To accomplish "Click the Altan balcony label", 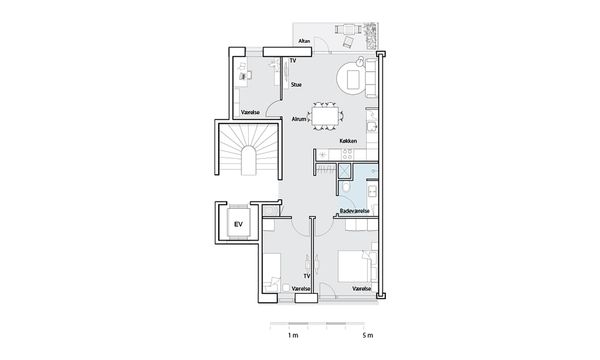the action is click(x=304, y=41).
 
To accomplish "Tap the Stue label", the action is click(x=296, y=85).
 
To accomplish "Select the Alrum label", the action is click(x=299, y=119).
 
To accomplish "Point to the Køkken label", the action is click(x=348, y=141).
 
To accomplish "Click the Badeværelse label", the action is click(x=355, y=211).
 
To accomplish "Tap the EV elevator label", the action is click(x=238, y=224).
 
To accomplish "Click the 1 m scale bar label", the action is click(x=293, y=336).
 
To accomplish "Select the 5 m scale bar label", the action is click(x=368, y=336).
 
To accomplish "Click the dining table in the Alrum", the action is click(x=325, y=116).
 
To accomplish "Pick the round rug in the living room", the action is click(x=352, y=78).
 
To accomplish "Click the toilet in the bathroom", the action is click(x=346, y=186).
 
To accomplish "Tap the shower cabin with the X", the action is click(x=345, y=171).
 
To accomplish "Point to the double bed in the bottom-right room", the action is click(x=354, y=267).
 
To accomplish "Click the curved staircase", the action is click(x=248, y=150).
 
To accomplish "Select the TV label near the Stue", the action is click(x=293, y=60).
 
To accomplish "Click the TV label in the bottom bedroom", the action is click(x=307, y=276).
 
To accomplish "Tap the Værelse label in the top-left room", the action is click(x=250, y=112).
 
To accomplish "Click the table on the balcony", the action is click(x=349, y=29).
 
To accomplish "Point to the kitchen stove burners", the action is click(x=347, y=154).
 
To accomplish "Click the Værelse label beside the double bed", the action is click(x=362, y=288).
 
